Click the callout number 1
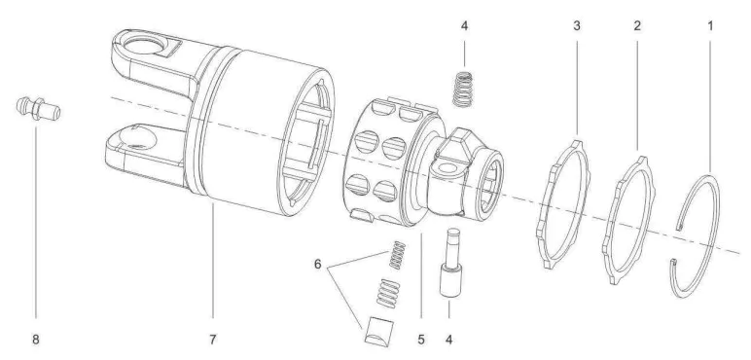tap(709, 24)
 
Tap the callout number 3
tap(577, 24)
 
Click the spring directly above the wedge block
tap(387, 293)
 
